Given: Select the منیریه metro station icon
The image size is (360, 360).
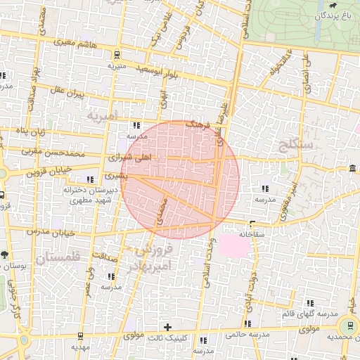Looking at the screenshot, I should coord(116,55).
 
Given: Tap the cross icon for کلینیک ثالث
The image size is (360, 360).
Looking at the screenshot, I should coord(167,327).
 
